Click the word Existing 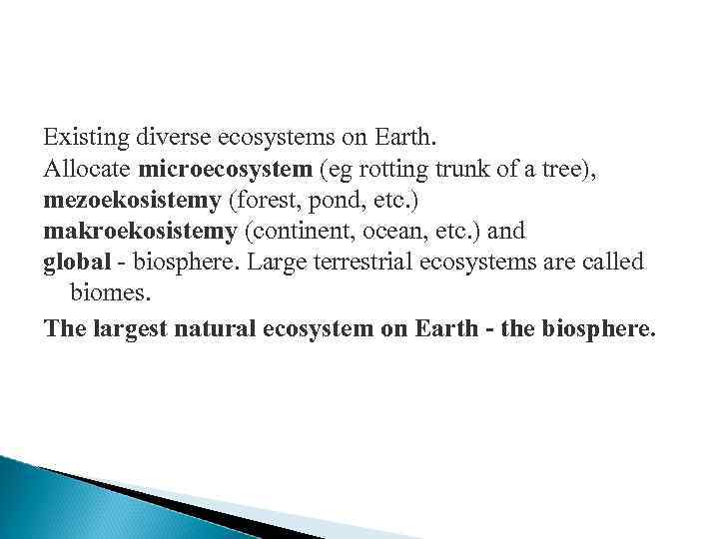coord(79,134)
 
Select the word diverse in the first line coord(160,134)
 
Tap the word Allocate coord(87,169)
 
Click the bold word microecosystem coord(226,169)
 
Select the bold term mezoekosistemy coord(133,199)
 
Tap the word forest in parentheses coord(260,199)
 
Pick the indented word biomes coord(105,293)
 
